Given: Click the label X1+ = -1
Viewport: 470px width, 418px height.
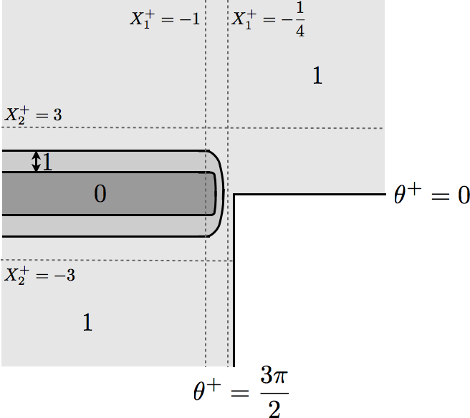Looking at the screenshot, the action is tap(165, 19).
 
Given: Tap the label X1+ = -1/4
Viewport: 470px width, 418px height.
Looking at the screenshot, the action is tap(268, 19).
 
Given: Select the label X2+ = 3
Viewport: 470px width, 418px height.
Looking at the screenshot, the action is tap(33, 115).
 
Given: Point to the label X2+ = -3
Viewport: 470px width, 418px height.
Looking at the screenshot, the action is tap(39, 276).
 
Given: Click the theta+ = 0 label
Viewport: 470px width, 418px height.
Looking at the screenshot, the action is tap(431, 195).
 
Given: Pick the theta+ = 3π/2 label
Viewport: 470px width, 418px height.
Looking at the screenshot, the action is tap(241, 392).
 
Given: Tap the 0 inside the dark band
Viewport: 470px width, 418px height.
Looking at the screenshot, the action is tap(100, 194).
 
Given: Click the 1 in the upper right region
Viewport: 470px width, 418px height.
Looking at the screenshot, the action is tap(317, 75).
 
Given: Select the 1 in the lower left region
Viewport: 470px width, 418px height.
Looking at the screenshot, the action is tap(87, 322).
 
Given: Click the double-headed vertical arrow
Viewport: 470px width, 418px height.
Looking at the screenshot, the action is tap(37, 161).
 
